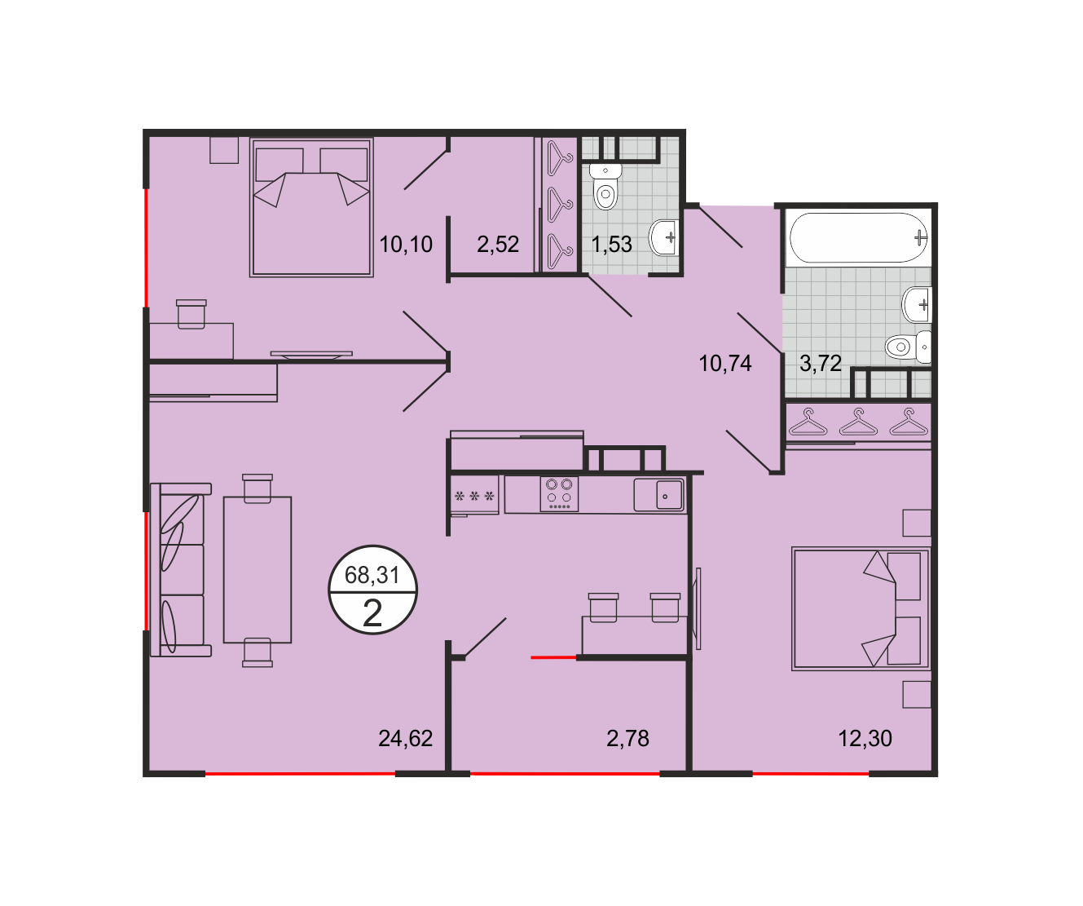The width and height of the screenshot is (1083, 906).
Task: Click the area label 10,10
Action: click(x=406, y=244)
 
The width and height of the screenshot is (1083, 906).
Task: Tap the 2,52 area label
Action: click(x=498, y=244)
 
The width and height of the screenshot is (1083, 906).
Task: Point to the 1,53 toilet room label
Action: click(x=611, y=244)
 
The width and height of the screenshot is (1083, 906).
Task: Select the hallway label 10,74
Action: click(x=725, y=364)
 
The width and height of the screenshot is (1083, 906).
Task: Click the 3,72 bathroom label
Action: click(x=821, y=364)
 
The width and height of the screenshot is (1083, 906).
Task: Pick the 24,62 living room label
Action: click(x=405, y=738)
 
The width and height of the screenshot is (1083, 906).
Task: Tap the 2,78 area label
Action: click(x=627, y=738)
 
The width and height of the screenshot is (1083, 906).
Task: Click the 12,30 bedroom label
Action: click(x=865, y=738)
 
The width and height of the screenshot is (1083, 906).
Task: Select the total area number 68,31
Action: click(x=372, y=575)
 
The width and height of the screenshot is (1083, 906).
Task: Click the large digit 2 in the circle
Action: click(x=372, y=613)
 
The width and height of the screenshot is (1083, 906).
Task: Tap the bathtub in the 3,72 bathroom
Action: click(x=858, y=238)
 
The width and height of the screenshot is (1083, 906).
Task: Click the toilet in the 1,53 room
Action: click(x=605, y=187)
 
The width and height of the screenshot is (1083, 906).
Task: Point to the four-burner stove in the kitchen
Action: click(x=559, y=494)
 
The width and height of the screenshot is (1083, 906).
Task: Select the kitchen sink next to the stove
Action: click(x=658, y=495)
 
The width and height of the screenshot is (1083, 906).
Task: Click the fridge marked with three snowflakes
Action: click(x=474, y=495)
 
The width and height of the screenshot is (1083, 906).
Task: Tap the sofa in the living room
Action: click(x=181, y=569)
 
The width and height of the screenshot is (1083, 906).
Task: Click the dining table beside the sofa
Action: click(x=258, y=569)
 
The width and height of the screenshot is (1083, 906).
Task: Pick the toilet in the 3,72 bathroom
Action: click(x=909, y=347)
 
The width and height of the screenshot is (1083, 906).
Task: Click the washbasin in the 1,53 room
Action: click(x=663, y=238)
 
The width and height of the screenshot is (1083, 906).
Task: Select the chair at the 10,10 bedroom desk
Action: click(x=191, y=314)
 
